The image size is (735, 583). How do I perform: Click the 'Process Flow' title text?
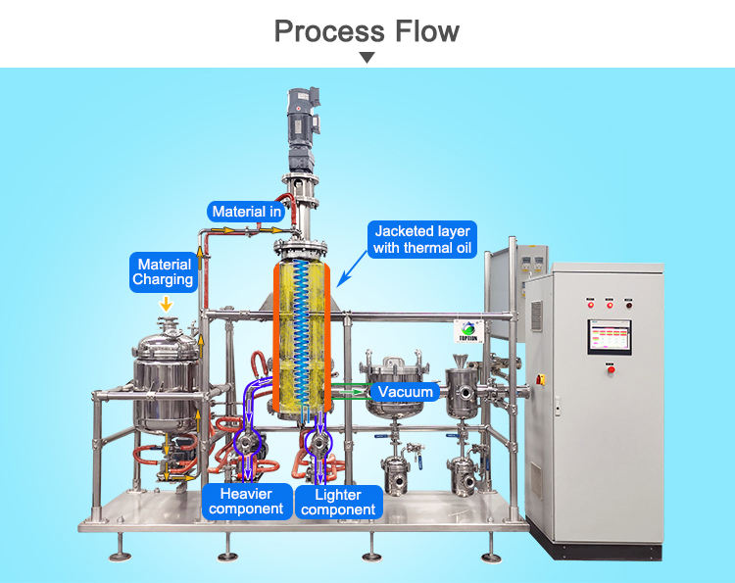coord(367,30)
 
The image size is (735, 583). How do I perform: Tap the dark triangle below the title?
coord(367,58)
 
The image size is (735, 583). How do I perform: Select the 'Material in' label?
coord(247,211)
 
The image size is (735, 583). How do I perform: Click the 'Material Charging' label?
coord(165,272)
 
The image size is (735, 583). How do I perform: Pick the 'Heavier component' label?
coord(246,501)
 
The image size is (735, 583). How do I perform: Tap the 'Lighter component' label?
coord(338,502)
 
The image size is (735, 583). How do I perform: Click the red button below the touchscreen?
coord(611,369)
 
